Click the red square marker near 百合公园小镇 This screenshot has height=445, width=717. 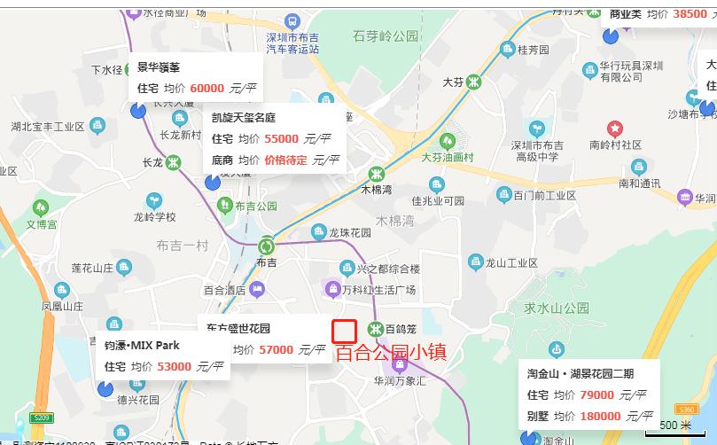coord(345,332)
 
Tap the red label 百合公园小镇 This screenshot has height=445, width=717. coord(391,352)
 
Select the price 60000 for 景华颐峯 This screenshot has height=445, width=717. coord(207,88)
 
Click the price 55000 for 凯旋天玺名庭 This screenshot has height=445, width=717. coord(281,138)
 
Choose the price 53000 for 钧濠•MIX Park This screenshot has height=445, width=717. coord(175,366)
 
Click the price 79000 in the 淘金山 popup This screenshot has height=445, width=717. coord(596,394)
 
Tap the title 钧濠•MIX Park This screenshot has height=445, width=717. coord(142,345)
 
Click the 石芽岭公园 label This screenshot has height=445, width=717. coord(386,36)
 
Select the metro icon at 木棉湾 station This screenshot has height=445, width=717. coord(377,173)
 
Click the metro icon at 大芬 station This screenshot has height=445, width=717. coord(475,82)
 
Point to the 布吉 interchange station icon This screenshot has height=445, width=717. coord(267,246)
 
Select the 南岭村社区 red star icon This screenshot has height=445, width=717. coord(614,129)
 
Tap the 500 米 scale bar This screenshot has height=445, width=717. coord(674,425)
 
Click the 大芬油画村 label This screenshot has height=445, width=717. coord(448,157)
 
